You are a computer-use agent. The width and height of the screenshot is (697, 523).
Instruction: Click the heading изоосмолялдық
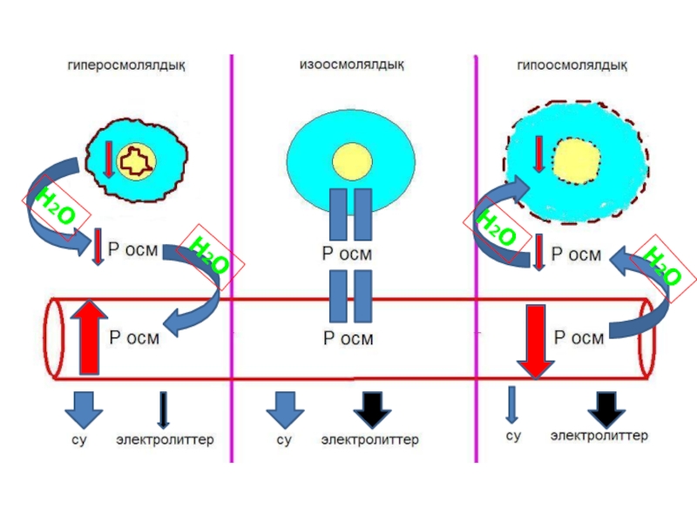pyautogui.click(x=351, y=65)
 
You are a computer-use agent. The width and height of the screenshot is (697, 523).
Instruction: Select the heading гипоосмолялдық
pyautogui.click(x=572, y=65)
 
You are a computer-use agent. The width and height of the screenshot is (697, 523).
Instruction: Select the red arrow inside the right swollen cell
pyautogui.click(x=539, y=153)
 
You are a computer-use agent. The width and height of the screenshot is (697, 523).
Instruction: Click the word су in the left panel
pyautogui.click(x=79, y=440)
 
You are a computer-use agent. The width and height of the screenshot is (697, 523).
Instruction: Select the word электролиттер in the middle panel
pyautogui.click(x=369, y=440)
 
